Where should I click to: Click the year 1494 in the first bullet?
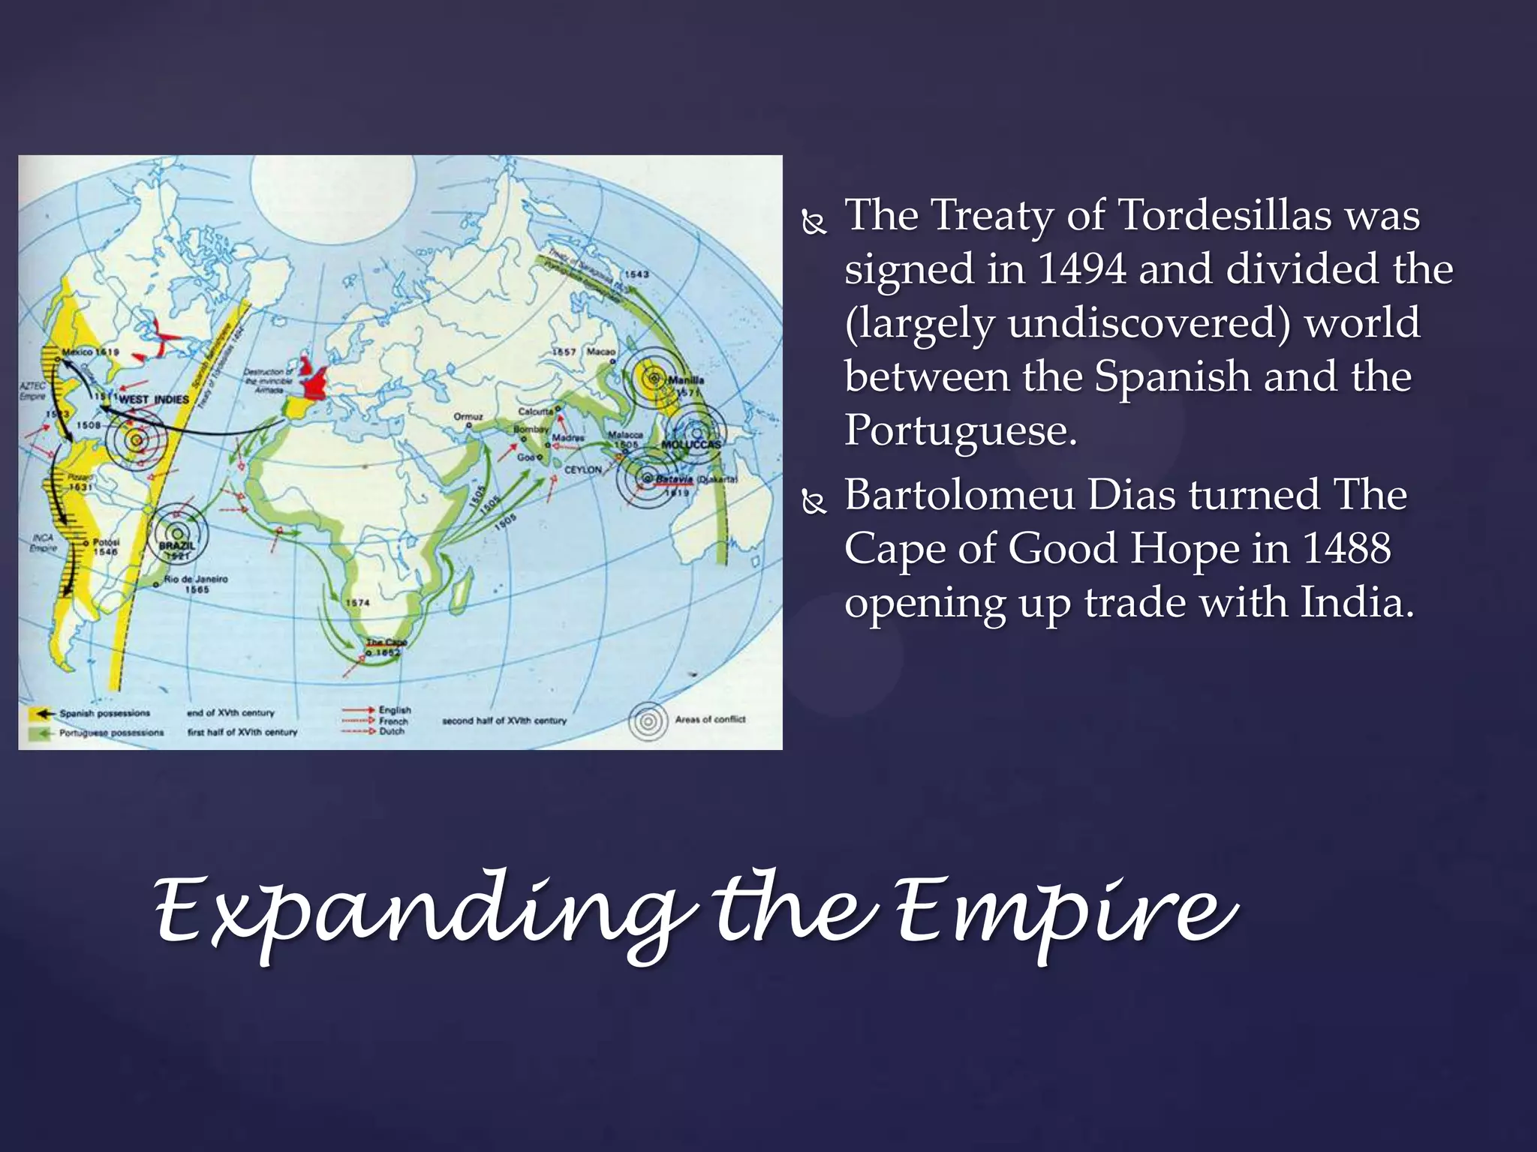point(1081,269)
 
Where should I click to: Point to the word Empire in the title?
point(1066,911)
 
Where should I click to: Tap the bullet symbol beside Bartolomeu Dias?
point(814,501)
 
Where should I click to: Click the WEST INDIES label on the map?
point(153,400)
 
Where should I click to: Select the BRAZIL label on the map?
point(176,545)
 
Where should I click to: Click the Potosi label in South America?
point(105,541)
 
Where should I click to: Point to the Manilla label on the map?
point(686,380)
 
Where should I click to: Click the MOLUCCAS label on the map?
point(690,445)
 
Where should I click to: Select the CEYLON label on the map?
point(583,469)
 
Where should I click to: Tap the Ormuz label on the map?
point(468,416)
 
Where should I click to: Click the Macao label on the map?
point(600,352)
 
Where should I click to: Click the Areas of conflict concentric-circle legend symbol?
point(648,721)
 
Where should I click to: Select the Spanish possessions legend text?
point(104,713)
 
